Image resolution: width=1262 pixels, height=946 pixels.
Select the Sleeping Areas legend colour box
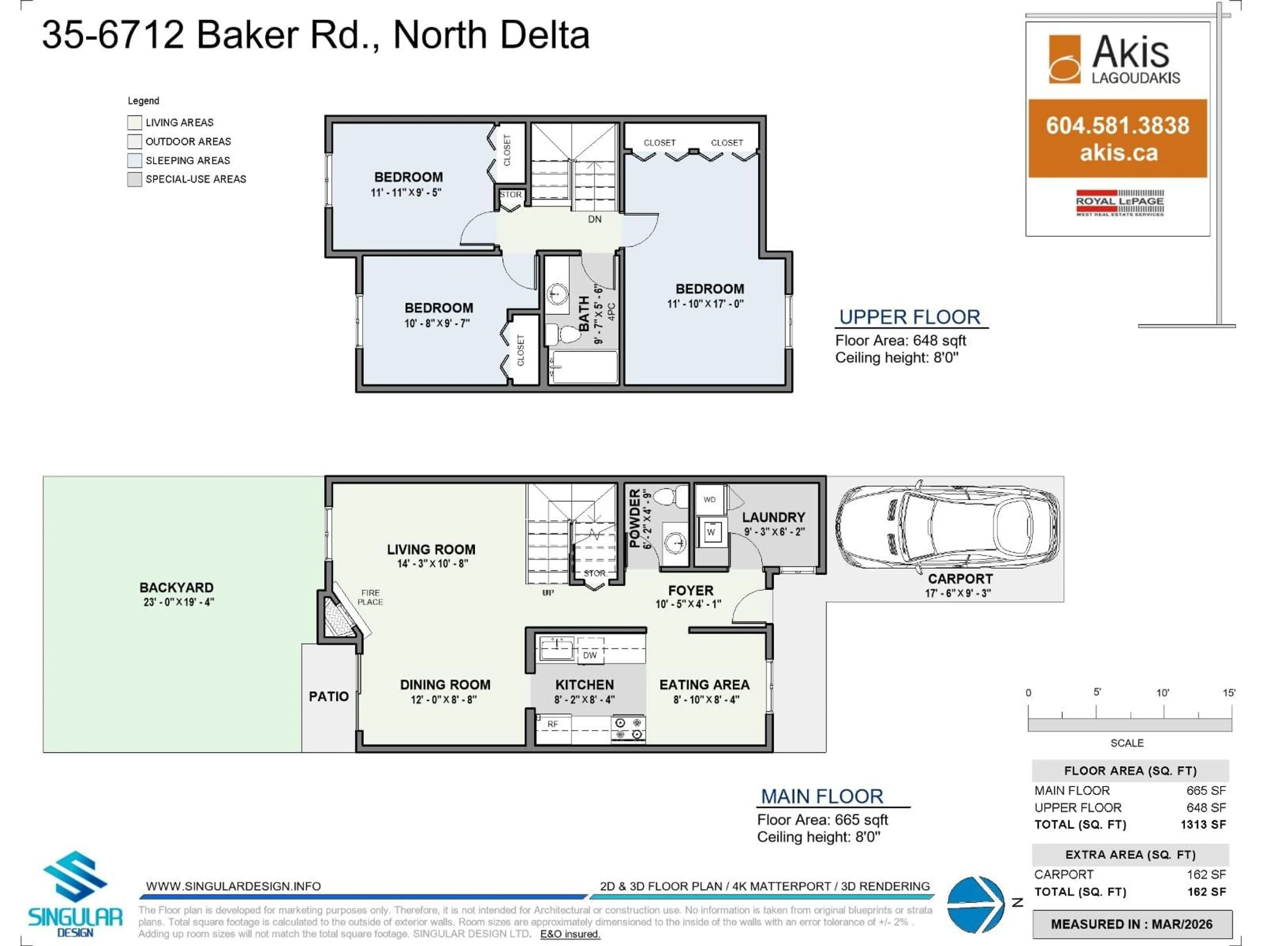(135, 160)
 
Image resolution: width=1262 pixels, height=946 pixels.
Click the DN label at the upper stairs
(595, 219)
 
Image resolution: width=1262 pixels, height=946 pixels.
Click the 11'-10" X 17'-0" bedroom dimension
(705, 304)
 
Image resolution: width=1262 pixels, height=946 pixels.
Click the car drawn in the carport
(947, 529)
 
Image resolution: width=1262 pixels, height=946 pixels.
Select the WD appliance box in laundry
(709, 500)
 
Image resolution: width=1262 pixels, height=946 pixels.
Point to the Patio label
(329, 696)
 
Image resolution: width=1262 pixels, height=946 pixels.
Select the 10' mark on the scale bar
(1163, 693)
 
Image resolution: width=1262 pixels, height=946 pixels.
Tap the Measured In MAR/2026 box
(1131, 924)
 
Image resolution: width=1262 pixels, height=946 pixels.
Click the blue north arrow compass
(976, 904)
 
